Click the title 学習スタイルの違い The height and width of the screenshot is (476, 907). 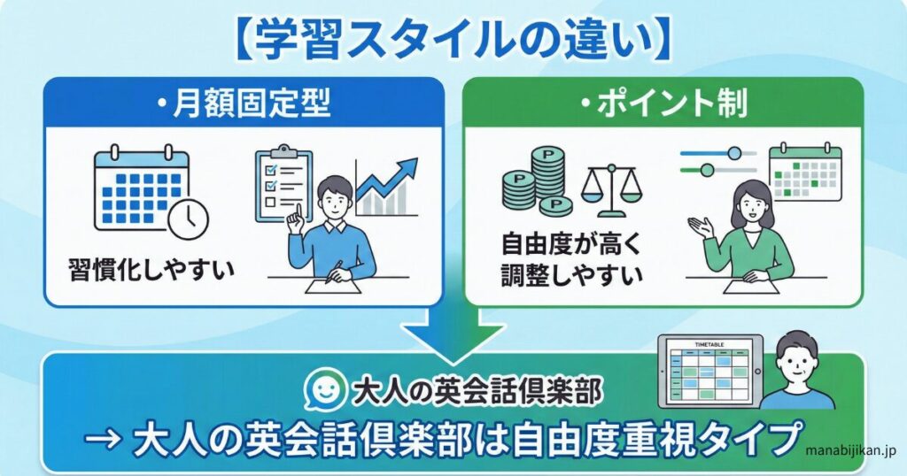pyautogui.click(x=453, y=41)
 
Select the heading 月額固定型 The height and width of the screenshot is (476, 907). pyautogui.click(x=244, y=105)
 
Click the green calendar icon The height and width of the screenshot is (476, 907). pyautogui.click(x=803, y=173)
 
